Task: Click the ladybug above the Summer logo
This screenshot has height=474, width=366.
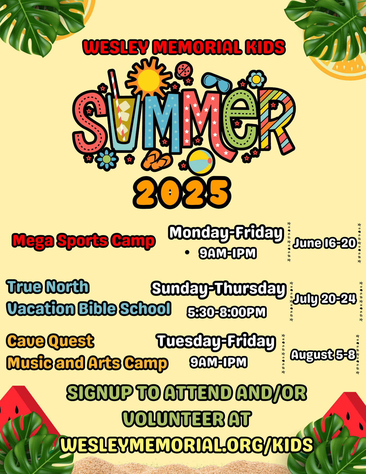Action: pos(185,70)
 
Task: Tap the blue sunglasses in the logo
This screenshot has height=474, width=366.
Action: pos(217,82)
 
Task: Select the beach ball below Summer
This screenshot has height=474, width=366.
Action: pos(201,161)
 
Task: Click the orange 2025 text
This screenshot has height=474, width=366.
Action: pos(182,193)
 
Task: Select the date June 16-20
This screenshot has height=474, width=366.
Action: pos(324,243)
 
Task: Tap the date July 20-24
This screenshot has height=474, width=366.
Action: pos(324,299)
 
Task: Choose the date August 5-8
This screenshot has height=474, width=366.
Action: pos(323,355)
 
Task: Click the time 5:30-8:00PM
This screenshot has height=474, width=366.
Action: pos(227,312)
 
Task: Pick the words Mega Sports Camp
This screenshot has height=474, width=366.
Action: pos(84,241)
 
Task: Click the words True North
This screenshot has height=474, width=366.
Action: pos(48,286)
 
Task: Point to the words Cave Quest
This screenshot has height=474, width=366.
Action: pos(50,341)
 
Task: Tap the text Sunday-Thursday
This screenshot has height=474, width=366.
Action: pos(219,289)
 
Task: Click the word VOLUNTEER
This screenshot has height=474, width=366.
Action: pos(173,419)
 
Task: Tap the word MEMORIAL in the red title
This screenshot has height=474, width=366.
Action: pos(197,47)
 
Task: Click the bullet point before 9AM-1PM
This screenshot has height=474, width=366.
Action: pos(187,252)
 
